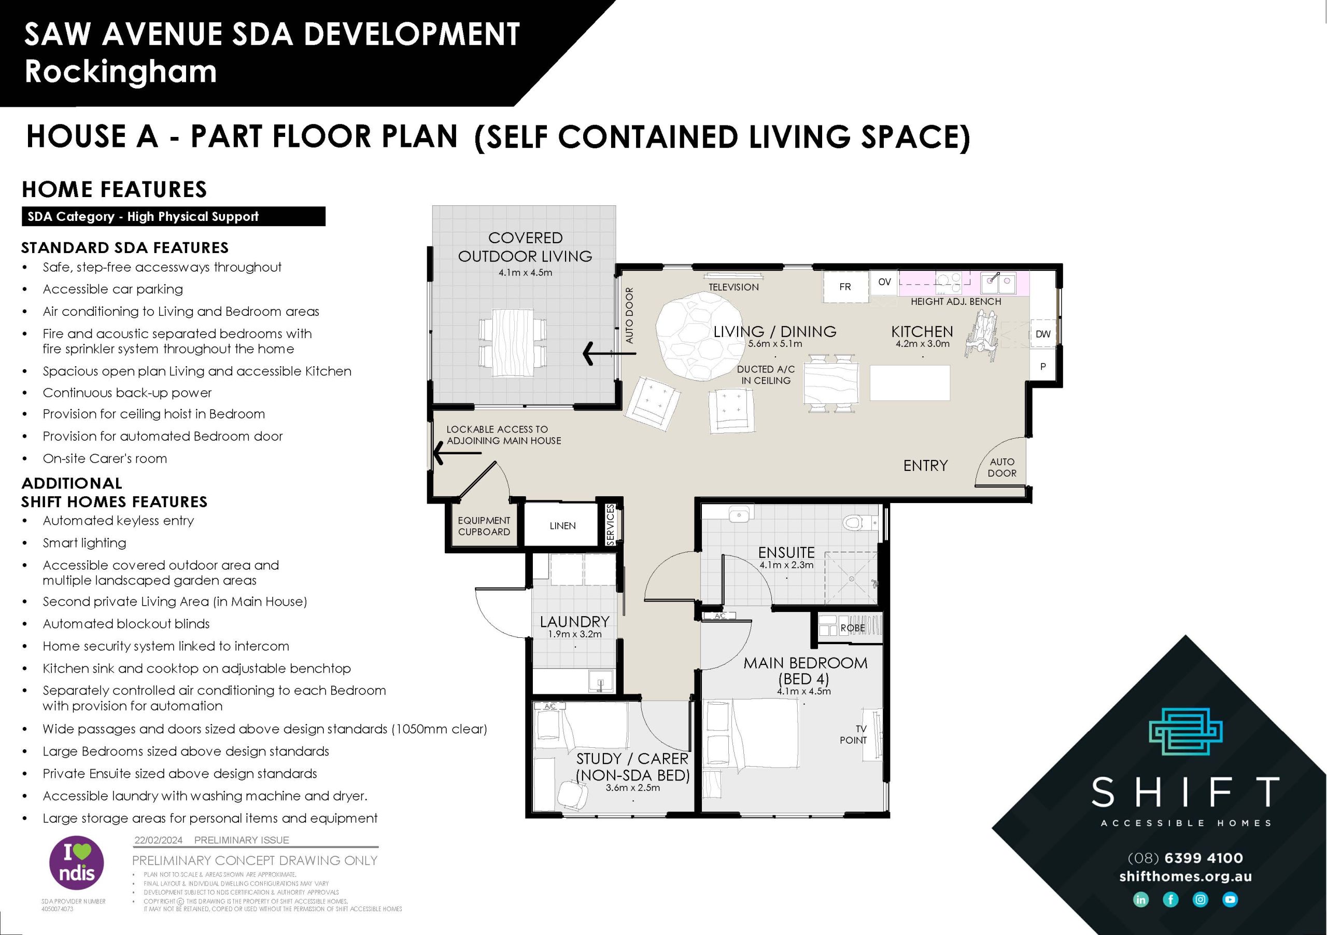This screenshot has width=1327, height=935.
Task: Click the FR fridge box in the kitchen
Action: pyautogui.click(x=845, y=286)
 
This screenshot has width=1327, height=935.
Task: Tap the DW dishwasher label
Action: pyautogui.click(x=1042, y=333)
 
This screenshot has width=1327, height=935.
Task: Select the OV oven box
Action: pyautogui.click(x=884, y=282)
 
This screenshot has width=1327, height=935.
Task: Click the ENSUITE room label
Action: pyautogui.click(x=786, y=552)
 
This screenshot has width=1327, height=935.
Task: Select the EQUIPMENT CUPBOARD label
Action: pyautogui.click(x=484, y=526)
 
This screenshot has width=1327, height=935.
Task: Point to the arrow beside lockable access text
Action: pyautogui.click(x=457, y=453)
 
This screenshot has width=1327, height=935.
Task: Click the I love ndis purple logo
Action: pyautogui.click(x=76, y=863)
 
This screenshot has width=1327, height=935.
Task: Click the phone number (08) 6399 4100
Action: pyautogui.click(x=1185, y=858)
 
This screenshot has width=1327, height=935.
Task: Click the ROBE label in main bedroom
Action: pyautogui.click(x=853, y=627)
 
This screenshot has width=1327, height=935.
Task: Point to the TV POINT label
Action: pyautogui.click(x=853, y=734)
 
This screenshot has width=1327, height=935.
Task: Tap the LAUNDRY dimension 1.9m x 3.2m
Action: pyautogui.click(x=574, y=634)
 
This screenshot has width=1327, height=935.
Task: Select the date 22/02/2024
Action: pyautogui.click(x=158, y=840)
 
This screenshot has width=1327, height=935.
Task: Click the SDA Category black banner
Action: pyautogui.click(x=173, y=216)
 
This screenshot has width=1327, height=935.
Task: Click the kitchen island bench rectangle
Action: pyautogui.click(x=910, y=382)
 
